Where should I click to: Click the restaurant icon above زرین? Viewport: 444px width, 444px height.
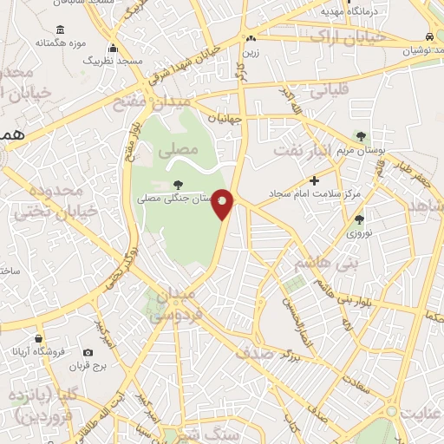(251, 38)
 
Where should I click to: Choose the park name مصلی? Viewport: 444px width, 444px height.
(176, 150)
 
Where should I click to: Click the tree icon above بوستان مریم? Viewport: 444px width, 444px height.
(362, 136)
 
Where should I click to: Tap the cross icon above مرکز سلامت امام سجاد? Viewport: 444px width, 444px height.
(314, 181)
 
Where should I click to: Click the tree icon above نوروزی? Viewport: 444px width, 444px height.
(358, 219)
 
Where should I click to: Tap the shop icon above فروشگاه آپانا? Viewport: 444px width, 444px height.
(38, 337)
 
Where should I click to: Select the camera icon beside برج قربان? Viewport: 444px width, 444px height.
(88, 353)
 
